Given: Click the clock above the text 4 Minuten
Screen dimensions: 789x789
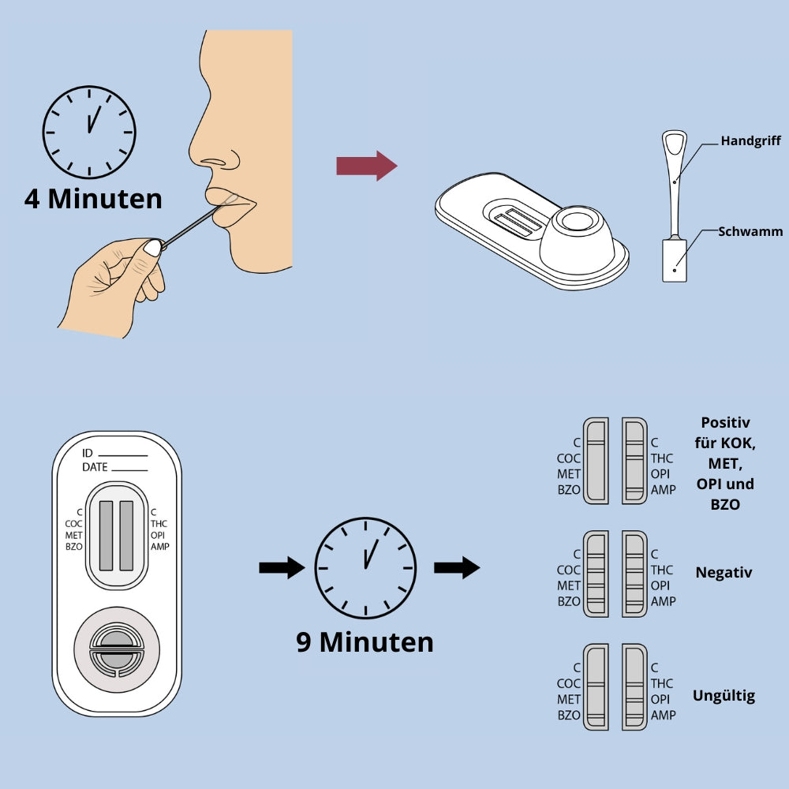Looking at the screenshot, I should coord(89,132).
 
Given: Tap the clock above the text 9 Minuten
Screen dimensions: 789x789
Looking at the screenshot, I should coord(365,567).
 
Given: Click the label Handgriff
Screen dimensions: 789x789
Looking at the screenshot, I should coord(750,141).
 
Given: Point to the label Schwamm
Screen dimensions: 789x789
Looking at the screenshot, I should coord(750,232).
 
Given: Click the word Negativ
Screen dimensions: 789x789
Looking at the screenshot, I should coord(724,572).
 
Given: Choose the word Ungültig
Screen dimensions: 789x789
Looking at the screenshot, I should coord(724,695).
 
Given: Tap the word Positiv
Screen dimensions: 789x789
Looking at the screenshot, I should coord(725,422).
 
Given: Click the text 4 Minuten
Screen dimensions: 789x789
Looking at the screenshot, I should coord(93,198).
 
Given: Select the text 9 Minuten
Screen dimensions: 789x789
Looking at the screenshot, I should coord(365,641).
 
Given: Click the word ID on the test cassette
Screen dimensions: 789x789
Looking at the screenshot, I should coord(88,453).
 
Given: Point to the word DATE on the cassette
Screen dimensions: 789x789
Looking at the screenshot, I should coord(95,467).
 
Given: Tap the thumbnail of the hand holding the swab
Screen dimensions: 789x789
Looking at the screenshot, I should coord(152,248).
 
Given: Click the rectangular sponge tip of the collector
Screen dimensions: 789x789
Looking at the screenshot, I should coord(674,260).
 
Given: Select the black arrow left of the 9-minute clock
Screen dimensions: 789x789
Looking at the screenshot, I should coord(282,567).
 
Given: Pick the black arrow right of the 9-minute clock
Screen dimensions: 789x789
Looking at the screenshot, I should coord(457,567).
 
